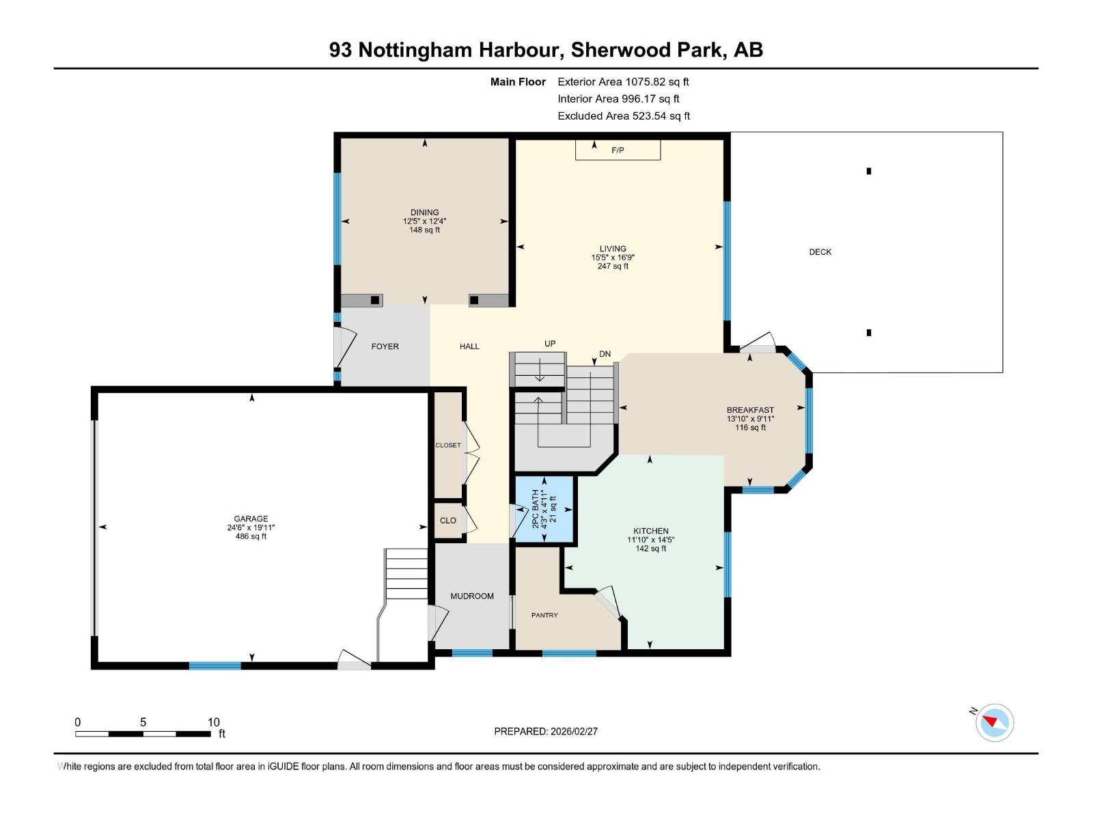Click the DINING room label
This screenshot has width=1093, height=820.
point(424,213)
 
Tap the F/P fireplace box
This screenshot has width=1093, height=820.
point(618,150)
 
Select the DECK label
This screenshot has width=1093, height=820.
point(820,252)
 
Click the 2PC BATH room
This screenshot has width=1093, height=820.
point(544,509)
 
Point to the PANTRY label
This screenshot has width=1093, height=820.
point(544,615)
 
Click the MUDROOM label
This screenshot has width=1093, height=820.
point(471,596)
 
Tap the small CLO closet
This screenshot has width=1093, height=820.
point(448,521)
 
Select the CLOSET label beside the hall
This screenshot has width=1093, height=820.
point(448,446)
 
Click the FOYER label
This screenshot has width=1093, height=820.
point(385,346)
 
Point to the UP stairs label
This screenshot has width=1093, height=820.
point(550,344)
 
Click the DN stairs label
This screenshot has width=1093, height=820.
point(605,354)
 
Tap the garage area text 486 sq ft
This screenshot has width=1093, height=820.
point(251,536)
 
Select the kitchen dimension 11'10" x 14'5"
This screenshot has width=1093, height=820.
point(651,540)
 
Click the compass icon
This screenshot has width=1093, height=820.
point(994,722)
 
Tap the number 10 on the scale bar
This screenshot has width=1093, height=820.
point(213,722)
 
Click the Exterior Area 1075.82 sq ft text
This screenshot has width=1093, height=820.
point(623,82)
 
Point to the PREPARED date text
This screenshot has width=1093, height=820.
point(546,731)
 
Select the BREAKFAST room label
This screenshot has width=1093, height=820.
point(750,410)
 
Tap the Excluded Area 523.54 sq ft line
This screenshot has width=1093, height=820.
point(623,116)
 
